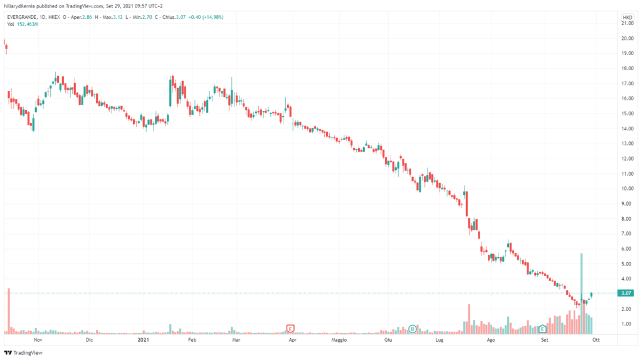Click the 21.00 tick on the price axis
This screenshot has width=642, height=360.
(626, 23)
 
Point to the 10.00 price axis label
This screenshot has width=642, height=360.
(626, 189)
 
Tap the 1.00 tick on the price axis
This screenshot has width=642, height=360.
(626, 324)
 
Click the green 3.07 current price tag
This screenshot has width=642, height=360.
(626, 294)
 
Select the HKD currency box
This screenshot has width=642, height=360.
(626, 17)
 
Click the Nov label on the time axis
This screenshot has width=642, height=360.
(38, 339)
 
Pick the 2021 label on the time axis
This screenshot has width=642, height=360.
(143, 339)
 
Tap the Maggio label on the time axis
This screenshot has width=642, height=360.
(339, 339)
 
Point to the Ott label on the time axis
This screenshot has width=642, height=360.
(596, 339)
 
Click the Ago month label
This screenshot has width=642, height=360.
(491, 339)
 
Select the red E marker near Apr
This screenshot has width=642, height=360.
(290, 328)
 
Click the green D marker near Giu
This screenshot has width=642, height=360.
(413, 328)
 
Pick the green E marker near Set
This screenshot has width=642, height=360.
(542, 328)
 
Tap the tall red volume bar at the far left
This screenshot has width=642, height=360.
(9, 310)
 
